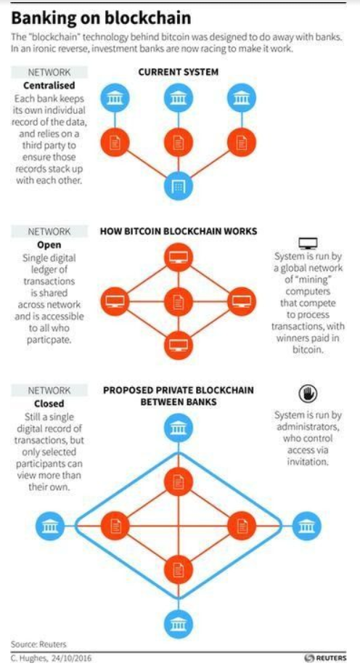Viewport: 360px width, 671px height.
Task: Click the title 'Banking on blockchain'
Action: coord(101,19)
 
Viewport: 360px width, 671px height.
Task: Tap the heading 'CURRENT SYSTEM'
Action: coord(179,72)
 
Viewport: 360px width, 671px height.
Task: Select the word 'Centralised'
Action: coord(49,85)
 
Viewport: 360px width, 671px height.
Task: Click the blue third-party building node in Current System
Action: coord(179,187)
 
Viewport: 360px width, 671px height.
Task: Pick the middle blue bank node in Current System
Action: coord(179,98)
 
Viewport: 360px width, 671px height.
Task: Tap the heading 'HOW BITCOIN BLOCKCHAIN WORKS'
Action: coord(179,232)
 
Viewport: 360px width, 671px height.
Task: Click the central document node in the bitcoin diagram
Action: coord(179,301)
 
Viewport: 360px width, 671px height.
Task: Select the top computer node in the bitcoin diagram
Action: coord(179,257)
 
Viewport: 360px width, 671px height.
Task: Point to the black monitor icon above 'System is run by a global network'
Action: coord(308,243)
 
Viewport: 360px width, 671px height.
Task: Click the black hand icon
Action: coord(308,394)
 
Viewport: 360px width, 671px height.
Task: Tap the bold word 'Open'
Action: coord(49,245)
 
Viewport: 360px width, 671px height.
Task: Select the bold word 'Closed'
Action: coord(49,404)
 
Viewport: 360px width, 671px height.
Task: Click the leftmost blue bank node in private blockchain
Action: coord(50,526)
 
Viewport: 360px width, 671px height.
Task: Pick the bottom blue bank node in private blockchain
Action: coord(179,625)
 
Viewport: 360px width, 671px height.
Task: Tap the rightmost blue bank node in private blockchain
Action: coord(307,526)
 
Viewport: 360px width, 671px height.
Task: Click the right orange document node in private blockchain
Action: coord(242,526)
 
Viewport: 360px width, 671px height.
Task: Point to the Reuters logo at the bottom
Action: coord(325,658)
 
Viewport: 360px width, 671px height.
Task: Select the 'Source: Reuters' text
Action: coord(39,644)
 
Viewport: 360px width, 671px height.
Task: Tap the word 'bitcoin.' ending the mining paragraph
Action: coord(308,349)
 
